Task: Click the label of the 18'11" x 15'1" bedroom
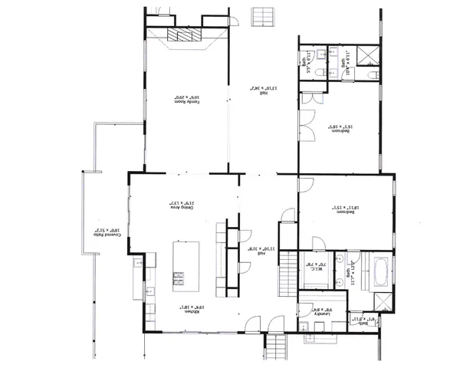click(343, 207)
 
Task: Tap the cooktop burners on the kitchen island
click(179, 278)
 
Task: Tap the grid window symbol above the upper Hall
click(264, 15)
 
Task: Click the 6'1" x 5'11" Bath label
click(360, 320)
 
